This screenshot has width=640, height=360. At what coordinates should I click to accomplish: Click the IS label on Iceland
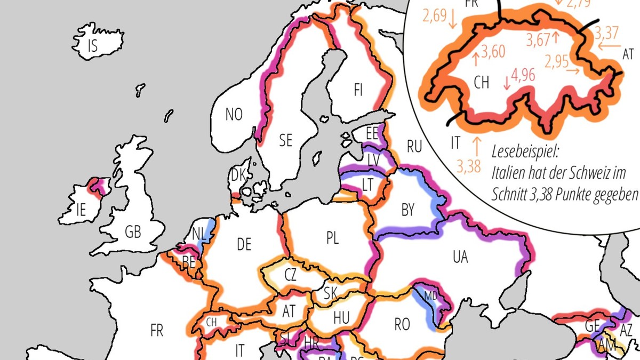pyautogui.click(x=92, y=46)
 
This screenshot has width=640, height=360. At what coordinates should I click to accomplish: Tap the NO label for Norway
pyautogui.click(x=234, y=114)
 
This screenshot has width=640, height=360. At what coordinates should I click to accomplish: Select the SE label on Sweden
pyautogui.click(x=286, y=140)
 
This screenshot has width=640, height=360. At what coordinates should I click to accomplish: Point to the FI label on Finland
pyautogui.click(x=358, y=90)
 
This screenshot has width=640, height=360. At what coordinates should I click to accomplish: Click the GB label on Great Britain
pyautogui.click(x=132, y=233)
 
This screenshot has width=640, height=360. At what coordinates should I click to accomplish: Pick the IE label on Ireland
pyautogui.click(x=81, y=210)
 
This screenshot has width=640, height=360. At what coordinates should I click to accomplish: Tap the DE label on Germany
pyautogui.click(x=244, y=245)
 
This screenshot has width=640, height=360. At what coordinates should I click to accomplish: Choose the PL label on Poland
pyautogui.click(x=332, y=238)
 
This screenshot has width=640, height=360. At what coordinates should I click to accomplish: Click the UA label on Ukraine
pyautogui.click(x=460, y=257)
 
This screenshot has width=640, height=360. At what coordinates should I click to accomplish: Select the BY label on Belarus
pyautogui.click(x=407, y=211)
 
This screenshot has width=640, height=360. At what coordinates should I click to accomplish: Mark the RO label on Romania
pyautogui.click(x=402, y=324)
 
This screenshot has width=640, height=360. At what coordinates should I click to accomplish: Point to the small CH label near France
pyautogui.click(x=212, y=322)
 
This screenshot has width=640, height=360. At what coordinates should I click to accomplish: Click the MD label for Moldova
pyautogui.click(x=430, y=295)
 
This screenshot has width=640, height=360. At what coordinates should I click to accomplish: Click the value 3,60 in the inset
pyautogui.click(x=493, y=52)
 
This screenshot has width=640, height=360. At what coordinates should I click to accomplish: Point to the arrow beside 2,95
pyautogui.click(x=573, y=70)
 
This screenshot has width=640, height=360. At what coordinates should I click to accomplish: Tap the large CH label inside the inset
pyautogui.click(x=481, y=82)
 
